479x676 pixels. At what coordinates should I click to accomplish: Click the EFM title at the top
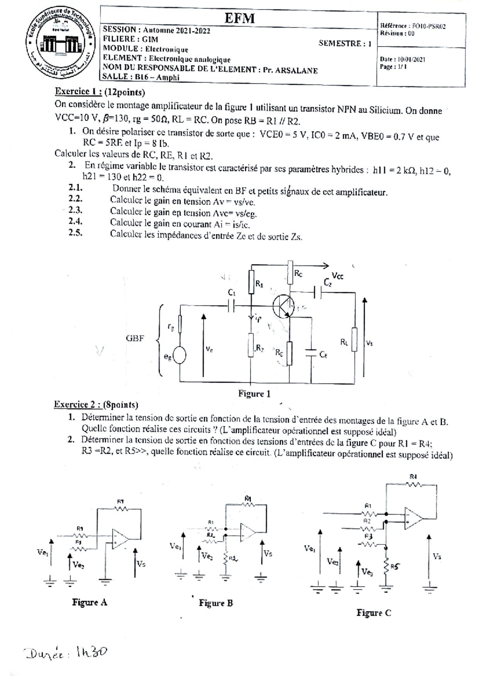coord(239,18)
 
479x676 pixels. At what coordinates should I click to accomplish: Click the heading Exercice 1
coord(78,92)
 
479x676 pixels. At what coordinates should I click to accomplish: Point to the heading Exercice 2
coord(77,404)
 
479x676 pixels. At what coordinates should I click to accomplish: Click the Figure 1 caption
coord(254,394)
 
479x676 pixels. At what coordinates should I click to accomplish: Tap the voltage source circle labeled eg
coord(179,356)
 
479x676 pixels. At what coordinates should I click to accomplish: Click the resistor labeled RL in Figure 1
coord(354,340)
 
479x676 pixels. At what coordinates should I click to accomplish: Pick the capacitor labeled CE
coord(311,353)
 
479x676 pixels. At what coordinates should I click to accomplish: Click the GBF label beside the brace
coord(135,338)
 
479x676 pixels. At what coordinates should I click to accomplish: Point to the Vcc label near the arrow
coord(338,276)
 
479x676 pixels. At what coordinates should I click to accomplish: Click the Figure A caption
coord(89,602)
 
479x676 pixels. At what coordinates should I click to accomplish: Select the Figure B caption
coord(216,603)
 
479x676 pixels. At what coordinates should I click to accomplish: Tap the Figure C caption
coord(374,613)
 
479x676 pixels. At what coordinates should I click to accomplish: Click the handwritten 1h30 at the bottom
coord(91,652)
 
